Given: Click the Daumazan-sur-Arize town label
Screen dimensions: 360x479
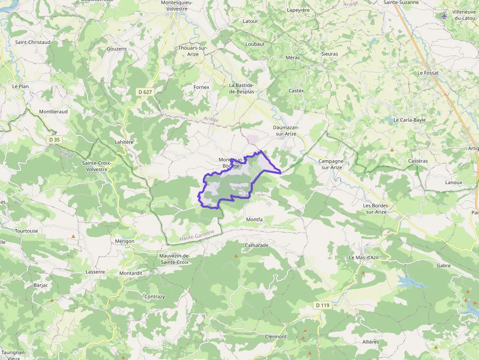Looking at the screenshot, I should pos(286,130).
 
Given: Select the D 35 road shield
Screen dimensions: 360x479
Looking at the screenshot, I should pos(54,140).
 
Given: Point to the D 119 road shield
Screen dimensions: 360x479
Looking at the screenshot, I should pos(322,305).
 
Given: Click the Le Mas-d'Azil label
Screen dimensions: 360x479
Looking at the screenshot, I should pos(364,257).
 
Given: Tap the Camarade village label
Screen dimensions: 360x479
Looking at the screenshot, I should pos(257,245).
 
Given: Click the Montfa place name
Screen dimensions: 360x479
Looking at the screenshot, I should pos(255,219).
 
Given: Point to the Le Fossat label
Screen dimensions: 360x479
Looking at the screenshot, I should pos(428,73).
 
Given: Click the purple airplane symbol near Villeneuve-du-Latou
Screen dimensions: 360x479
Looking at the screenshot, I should pos(444,16).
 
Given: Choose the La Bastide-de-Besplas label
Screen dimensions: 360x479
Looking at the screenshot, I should pos(241,88).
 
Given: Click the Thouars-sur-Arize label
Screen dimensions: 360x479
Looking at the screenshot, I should pos(193,51).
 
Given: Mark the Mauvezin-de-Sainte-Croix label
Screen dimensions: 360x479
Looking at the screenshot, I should pos(174,259).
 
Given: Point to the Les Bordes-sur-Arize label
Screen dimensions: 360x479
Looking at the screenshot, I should pos(375,209).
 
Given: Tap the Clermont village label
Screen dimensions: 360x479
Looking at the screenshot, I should pos(276,337).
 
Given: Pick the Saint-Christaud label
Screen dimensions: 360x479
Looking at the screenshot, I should pos(33,42).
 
